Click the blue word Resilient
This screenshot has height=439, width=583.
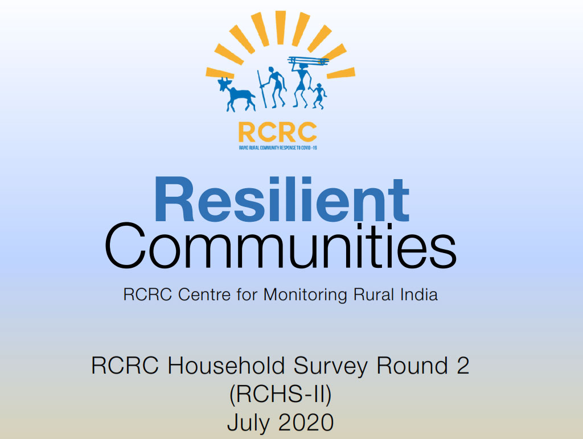click(x=282, y=200)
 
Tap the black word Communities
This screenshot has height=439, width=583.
click(x=280, y=250)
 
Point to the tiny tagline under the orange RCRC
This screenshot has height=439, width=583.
click(x=277, y=147)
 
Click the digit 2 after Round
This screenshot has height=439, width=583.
click(x=462, y=365)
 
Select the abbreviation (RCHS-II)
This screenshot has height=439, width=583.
click(x=280, y=394)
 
